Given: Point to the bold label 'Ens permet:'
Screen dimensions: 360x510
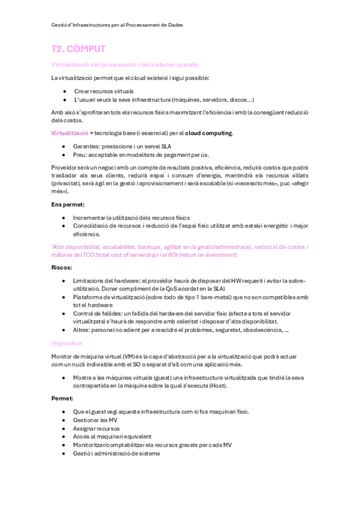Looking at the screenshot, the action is [x=68, y=205].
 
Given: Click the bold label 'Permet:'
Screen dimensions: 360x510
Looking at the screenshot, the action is [x=63, y=398].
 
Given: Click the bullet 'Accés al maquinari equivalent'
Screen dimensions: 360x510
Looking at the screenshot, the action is [x=112, y=437].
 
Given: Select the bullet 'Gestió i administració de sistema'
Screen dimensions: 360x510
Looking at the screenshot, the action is [x=117, y=453].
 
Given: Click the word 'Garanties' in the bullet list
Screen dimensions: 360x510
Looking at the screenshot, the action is [x=87, y=146].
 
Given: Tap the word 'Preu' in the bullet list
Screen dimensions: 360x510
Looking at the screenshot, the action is [x=80, y=155].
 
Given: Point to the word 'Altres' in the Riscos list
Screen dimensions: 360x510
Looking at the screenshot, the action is [x=82, y=330].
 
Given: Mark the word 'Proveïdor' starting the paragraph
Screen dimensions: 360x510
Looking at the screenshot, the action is [x=66, y=168].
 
